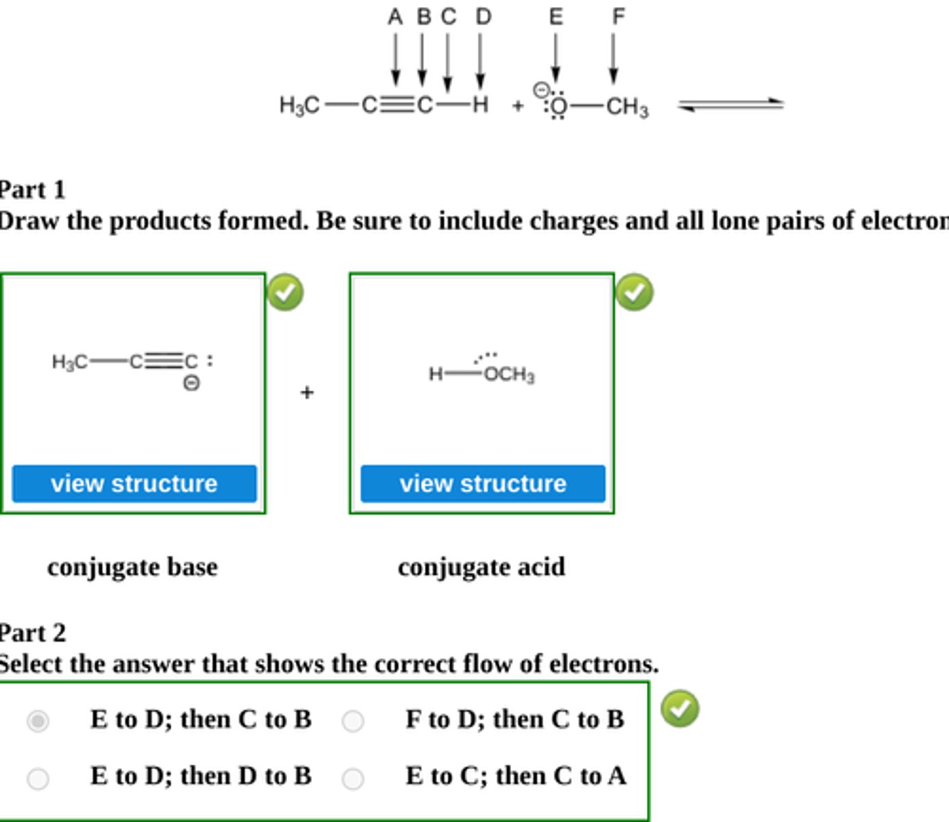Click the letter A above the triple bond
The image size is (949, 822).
click(x=395, y=16)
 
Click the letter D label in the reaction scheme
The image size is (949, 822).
click(x=483, y=16)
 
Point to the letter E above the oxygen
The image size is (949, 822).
click(x=556, y=16)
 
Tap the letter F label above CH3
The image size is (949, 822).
click(x=618, y=16)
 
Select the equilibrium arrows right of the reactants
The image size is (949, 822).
click(x=730, y=105)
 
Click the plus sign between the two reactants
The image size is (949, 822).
click(x=517, y=105)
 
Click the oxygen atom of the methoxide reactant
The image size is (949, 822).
click(x=559, y=106)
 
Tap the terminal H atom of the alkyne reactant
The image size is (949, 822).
click(x=480, y=105)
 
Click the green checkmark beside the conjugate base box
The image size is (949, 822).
click(x=285, y=292)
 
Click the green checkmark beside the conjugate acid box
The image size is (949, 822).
click(x=634, y=292)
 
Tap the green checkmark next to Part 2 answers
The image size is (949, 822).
click(x=680, y=708)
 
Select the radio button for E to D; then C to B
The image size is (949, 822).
click(x=38, y=721)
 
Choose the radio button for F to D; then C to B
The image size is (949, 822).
click(x=353, y=721)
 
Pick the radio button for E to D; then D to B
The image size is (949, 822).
click(x=38, y=778)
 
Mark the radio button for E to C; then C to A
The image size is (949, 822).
click(x=353, y=778)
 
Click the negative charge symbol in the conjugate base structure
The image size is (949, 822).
click(x=192, y=383)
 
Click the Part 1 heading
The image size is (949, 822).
click(x=32, y=190)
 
